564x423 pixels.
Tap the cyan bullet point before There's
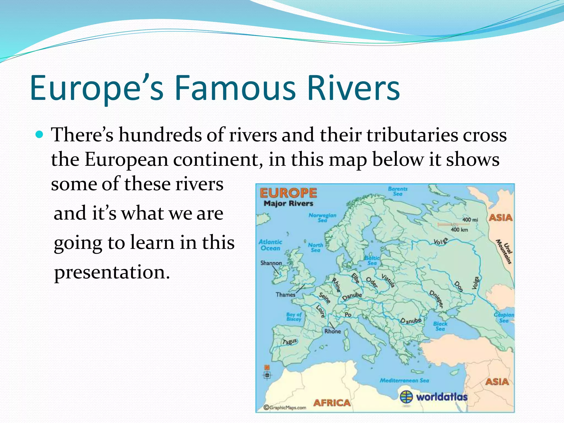coord(40,135)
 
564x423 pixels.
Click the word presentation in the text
coord(112,272)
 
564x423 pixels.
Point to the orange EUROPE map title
coord(288,193)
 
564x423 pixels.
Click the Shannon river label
coord(271,263)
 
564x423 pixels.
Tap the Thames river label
coord(285,295)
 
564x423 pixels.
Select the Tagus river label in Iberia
coord(290,342)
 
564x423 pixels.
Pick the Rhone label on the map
coord(332,331)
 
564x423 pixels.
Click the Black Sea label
coord(440,326)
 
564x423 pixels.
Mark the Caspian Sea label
coord(504,318)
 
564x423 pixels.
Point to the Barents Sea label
coord(398,191)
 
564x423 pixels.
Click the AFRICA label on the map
coord(332,403)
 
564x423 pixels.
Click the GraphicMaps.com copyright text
coord(285,408)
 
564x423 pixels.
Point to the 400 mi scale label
coord(470,219)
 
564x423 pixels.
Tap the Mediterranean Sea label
coord(404,380)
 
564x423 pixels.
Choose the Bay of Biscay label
coord(294,317)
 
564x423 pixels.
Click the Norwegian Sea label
coord(322,218)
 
